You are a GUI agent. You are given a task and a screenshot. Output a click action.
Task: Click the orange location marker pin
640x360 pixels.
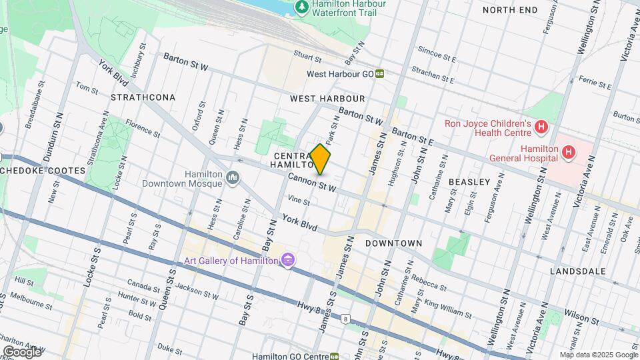[x=320, y=159]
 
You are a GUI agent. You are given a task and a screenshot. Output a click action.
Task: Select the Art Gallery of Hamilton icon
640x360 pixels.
[x=288, y=259]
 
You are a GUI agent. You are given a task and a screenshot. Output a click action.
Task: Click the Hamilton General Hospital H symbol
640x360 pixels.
[x=568, y=152]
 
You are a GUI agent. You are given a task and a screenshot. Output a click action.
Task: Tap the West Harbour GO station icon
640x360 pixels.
[x=379, y=74]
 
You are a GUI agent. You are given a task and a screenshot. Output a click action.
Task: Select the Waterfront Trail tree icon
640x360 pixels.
[x=302, y=6]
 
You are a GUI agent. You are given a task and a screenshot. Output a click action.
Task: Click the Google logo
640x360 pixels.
[x=22, y=351]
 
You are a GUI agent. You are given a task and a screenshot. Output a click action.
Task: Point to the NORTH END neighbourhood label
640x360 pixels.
[x=510, y=10]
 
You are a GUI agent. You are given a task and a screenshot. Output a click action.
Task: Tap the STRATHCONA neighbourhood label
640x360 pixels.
[x=143, y=97]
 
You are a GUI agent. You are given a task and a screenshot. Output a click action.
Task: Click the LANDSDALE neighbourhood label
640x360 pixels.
[x=577, y=271]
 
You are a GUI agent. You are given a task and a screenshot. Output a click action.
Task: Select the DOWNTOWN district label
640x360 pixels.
[x=393, y=243]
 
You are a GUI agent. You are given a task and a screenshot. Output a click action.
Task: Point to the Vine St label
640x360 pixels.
[x=299, y=201]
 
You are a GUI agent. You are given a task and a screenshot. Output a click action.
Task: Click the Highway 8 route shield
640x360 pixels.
[x=345, y=319]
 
